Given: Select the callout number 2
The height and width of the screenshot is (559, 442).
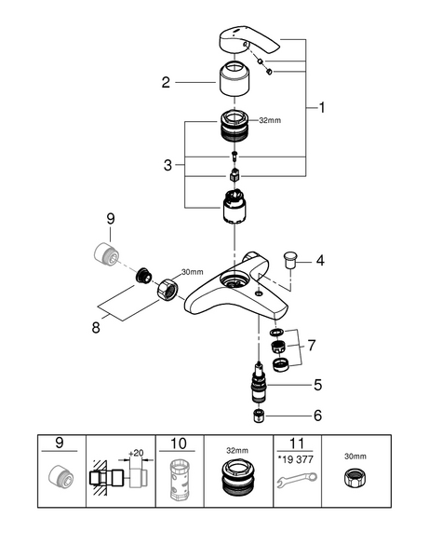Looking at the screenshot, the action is pyautogui.click(x=166, y=83).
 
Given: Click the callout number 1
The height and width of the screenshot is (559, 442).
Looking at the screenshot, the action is pyautogui.click(x=322, y=107).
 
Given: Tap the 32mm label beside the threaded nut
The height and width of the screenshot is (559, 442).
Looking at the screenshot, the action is pyautogui.click(x=270, y=120).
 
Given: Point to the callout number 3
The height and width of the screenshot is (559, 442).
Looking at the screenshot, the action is pyautogui.click(x=167, y=166).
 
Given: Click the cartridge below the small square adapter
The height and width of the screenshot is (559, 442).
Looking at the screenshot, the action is pyautogui.click(x=234, y=207).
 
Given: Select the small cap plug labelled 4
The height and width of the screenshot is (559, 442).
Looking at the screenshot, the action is pyautogui.click(x=290, y=260).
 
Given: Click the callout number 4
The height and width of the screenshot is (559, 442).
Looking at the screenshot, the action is pyautogui.click(x=320, y=261).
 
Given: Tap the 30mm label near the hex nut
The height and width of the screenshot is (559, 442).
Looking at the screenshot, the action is pyautogui.click(x=193, y=272).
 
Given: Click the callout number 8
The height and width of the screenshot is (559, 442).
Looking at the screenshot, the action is pyautogui.click(x=96, y=327).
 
